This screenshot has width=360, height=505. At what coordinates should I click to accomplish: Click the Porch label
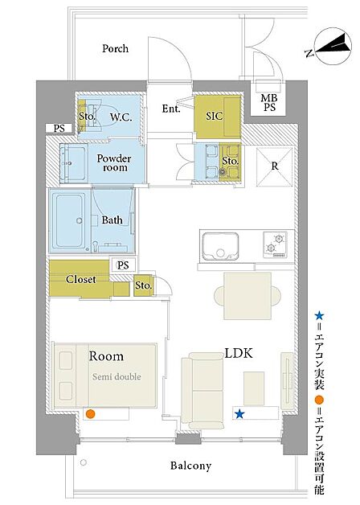coord(115,48)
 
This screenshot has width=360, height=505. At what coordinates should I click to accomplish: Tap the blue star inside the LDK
coord(239,414)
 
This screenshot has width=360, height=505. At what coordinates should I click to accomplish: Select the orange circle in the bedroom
coord(91,414)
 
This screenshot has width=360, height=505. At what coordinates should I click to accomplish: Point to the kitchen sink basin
coord(220,246)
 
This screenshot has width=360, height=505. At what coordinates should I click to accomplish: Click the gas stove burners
coord(275,244)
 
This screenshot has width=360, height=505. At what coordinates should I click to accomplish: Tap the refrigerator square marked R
coord(275,166)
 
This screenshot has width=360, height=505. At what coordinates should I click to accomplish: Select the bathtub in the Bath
coord(69,220)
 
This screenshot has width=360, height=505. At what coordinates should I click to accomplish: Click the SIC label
coord(214,116)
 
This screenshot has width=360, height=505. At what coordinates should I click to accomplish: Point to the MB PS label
coord(269,102)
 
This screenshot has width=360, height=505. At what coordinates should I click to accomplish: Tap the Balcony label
coord(190,466)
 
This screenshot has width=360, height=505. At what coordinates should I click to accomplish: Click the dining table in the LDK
coord(247,296)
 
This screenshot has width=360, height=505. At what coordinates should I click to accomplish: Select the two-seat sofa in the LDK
coord(202,391)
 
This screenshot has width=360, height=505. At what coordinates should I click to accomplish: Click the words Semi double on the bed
coord(117,376)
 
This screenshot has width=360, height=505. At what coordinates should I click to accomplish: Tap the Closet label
coord(80,279)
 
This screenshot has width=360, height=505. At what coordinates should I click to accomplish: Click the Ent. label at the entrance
coord(171,109)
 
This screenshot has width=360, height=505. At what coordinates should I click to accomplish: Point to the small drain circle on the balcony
coord(84,462)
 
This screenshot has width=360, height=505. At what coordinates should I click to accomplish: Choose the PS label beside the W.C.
coord(59,129)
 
